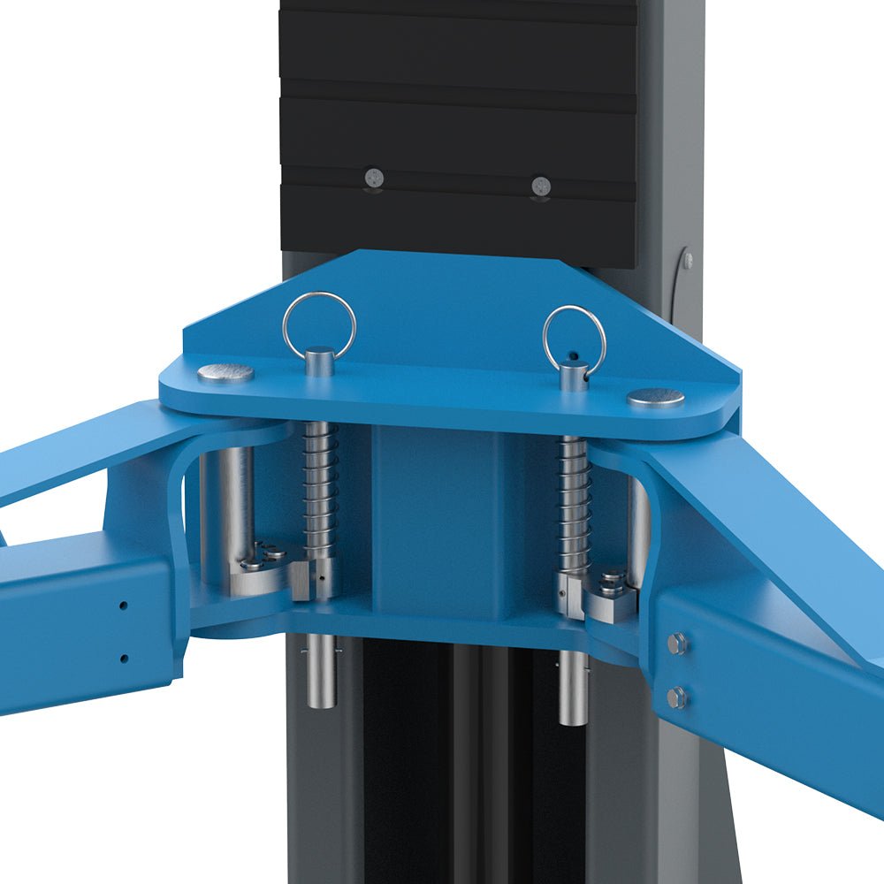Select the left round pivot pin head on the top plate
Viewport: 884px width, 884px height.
click(225, 373)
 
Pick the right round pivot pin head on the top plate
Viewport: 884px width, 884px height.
click(656, 398)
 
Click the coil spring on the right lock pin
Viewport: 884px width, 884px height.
click(575, 504)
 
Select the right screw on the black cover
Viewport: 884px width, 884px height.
click(541, 186)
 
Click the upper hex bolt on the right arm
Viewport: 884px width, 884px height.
click(677, 644)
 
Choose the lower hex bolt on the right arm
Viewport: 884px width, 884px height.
click(676, 697)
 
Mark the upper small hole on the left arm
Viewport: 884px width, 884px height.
click(123, 606)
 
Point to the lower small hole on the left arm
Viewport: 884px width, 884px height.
click(123, 658)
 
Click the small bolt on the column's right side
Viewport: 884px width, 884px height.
click(688, 261)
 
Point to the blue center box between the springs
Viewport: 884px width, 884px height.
click(442, 504)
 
